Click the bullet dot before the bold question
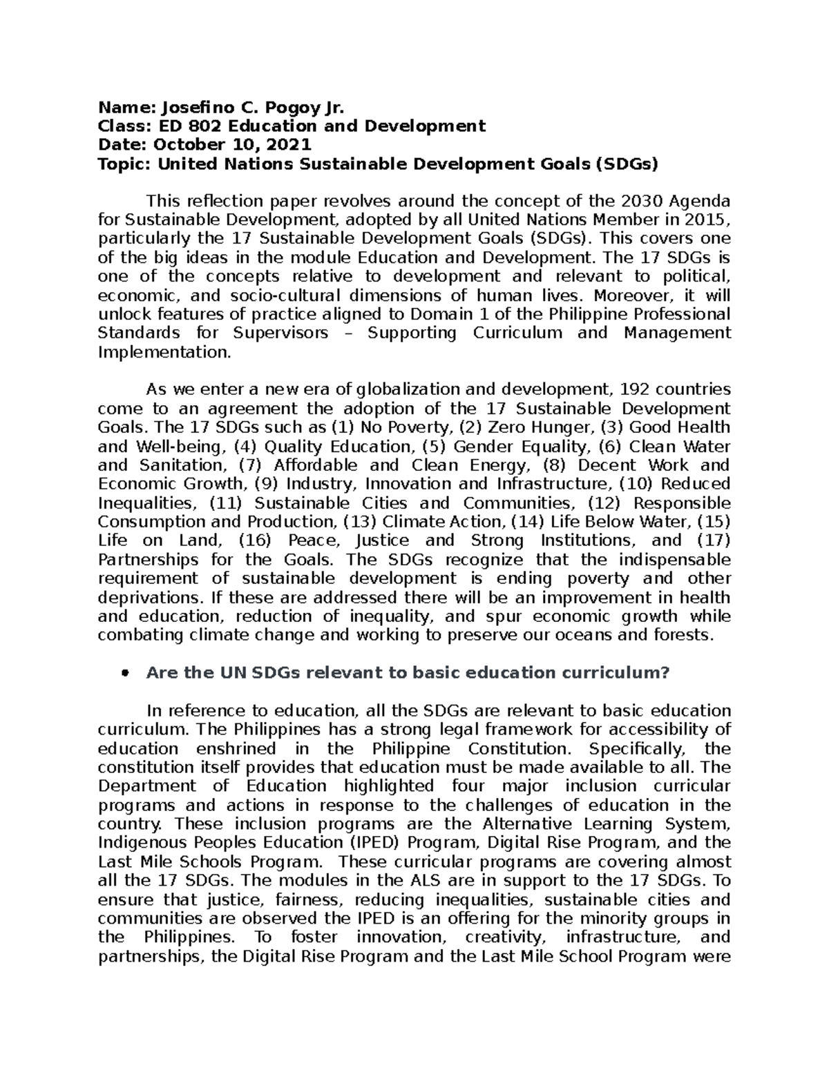(x=125, y=674)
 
